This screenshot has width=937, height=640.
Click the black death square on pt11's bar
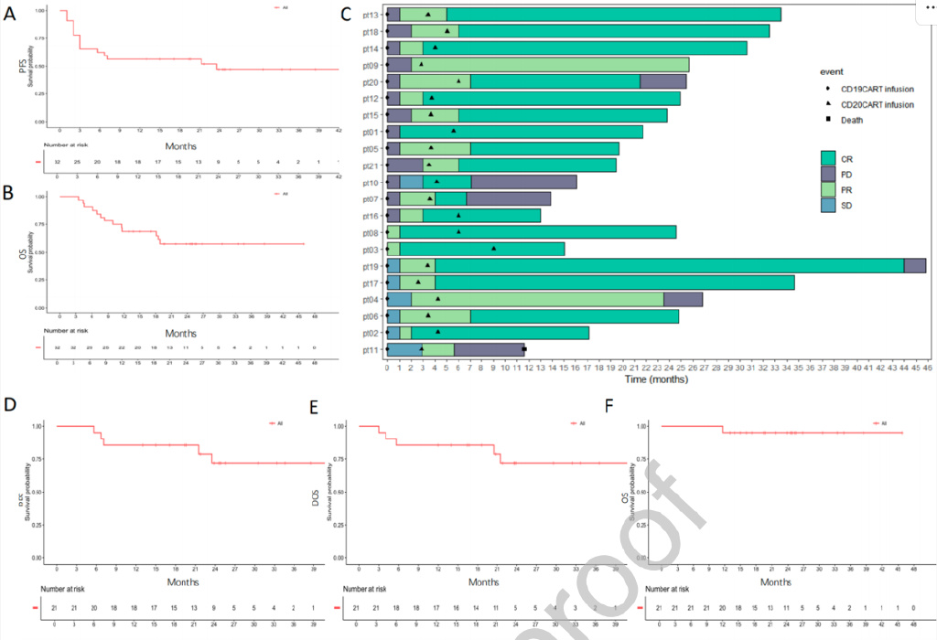pyautogui.click(x=524, y=349)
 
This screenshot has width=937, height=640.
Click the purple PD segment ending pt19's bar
pyautogui.click(x=915, y=266)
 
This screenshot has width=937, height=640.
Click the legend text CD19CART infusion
pyautogui.click(x=878, y=89)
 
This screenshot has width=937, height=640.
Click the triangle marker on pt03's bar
pyautogui.click(x=494, y=249)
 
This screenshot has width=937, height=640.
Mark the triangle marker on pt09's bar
pyautogui.click(x=421, y=65)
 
